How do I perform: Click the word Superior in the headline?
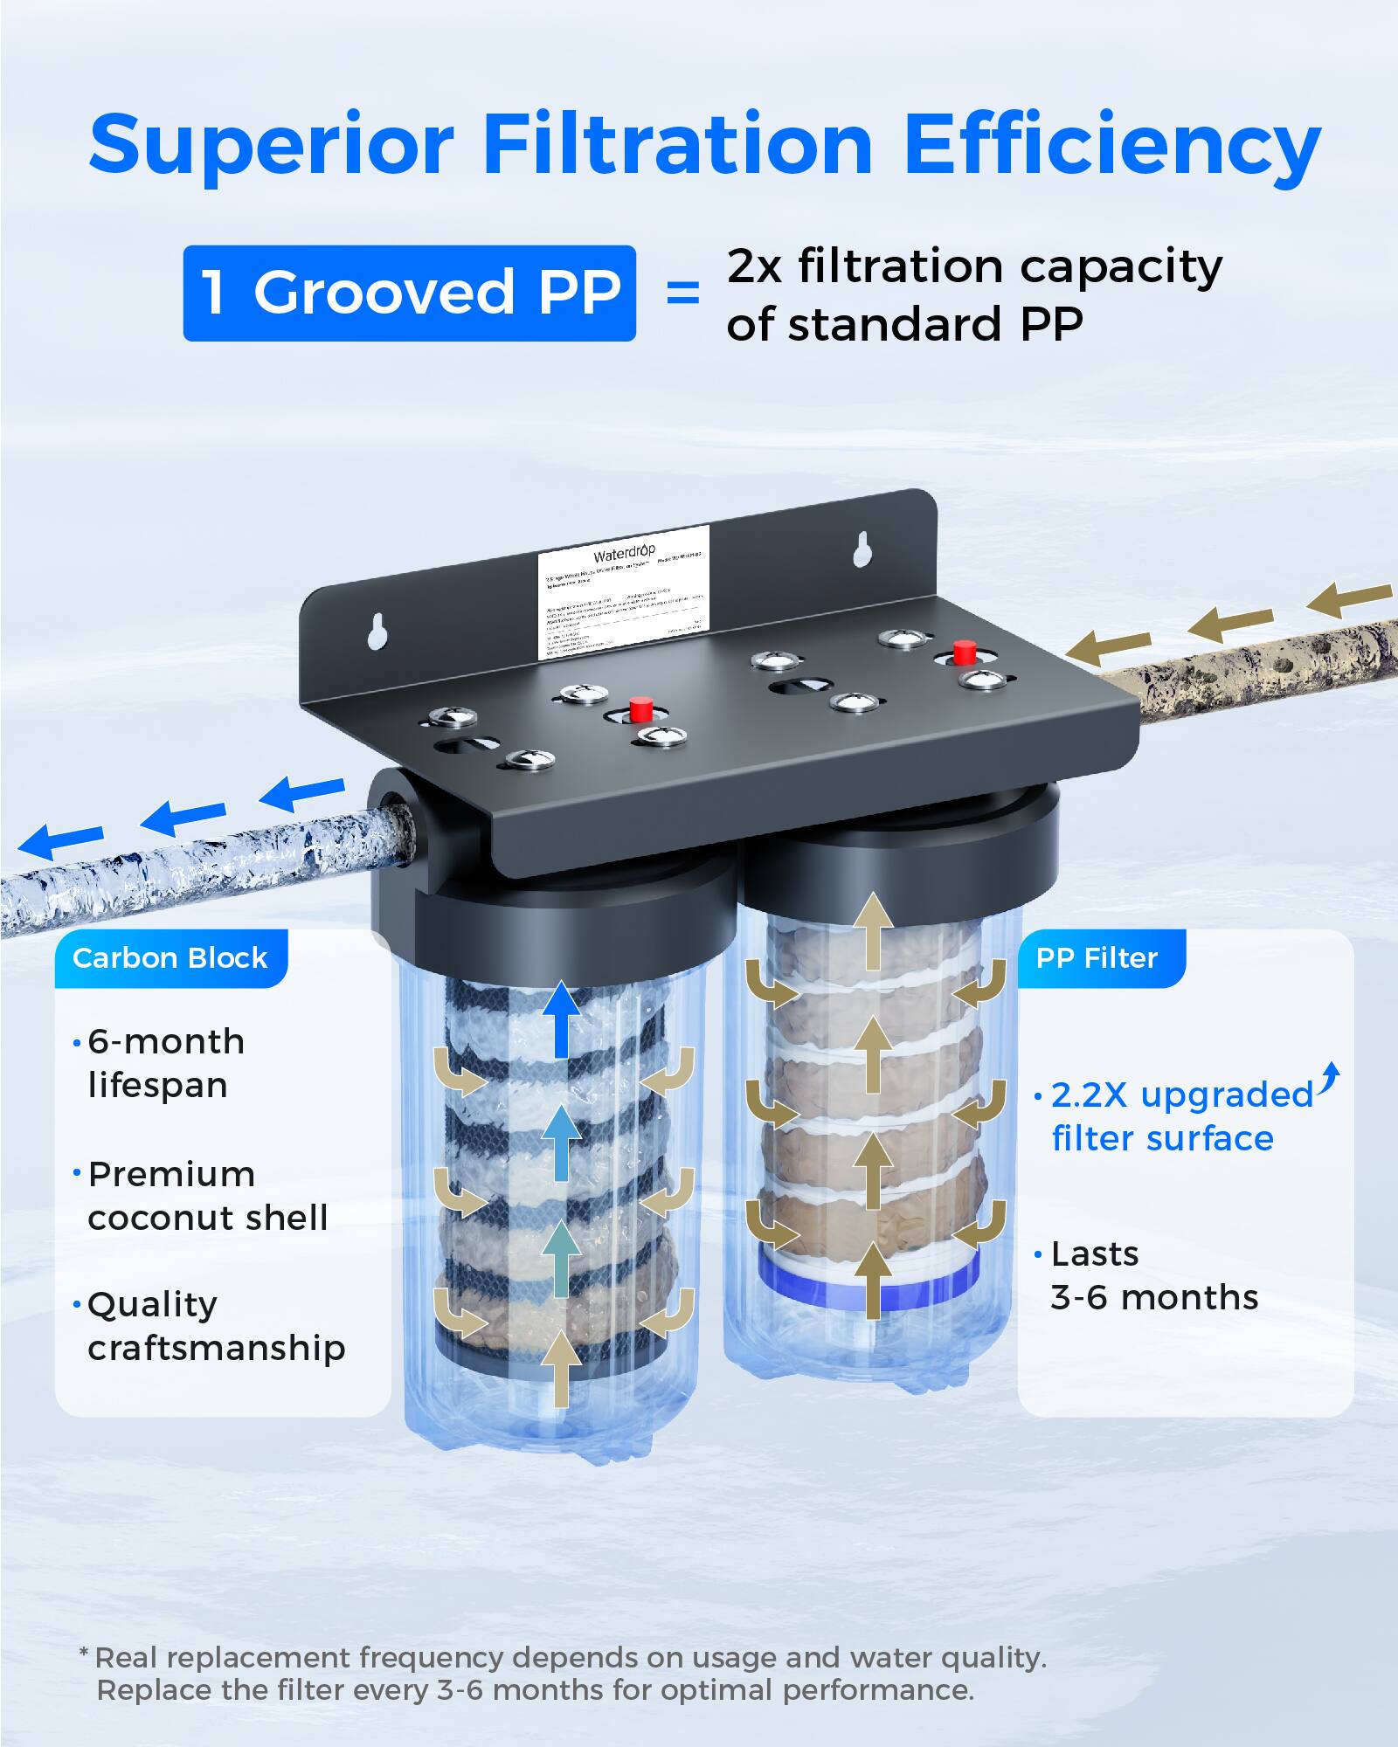coord(271,145)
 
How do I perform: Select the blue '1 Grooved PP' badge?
coord(409,293)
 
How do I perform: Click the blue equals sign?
coord(682,293)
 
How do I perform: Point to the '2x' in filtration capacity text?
coord(754,266)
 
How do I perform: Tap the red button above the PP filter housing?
coord(964,652)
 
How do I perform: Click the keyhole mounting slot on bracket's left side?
coord(377,632)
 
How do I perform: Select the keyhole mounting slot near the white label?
coord(862,549)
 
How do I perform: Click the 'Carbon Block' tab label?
coord(170,958)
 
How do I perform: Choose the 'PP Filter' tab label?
coord(1097,958)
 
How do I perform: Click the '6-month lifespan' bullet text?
coord(166,1063)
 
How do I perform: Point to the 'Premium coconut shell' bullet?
coord(208,1196)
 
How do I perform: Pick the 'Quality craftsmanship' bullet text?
coord(216,1326)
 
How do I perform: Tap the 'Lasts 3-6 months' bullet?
coord(1153,1275)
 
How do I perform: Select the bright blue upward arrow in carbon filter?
coord(560,1020)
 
